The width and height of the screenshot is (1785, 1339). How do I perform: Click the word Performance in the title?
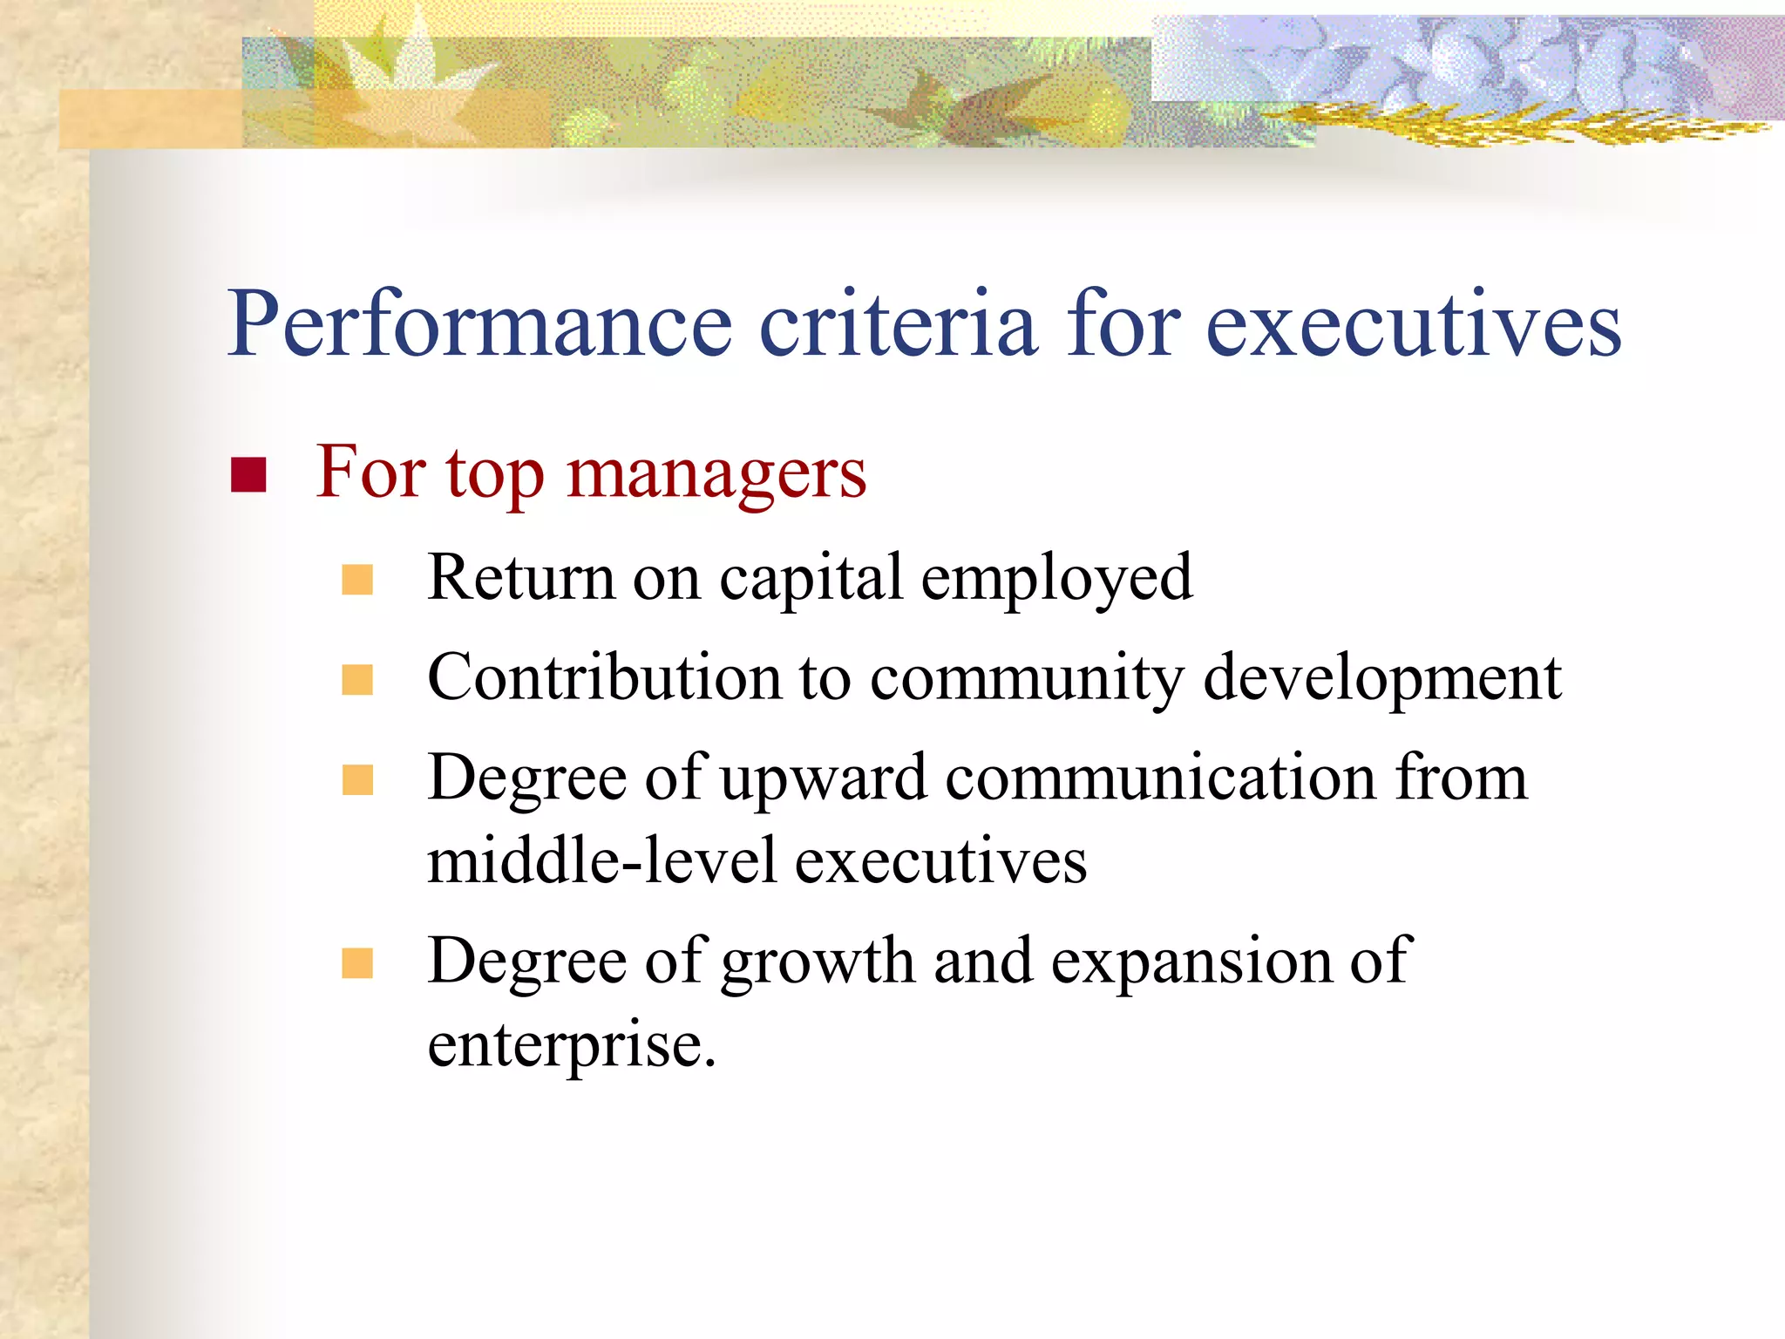[x=479, y=325]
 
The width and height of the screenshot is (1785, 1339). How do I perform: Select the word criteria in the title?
[x=899, y=325]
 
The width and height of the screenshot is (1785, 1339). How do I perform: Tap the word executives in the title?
[x=1413, y=325]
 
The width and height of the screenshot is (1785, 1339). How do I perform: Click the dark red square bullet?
[x=248, y=475]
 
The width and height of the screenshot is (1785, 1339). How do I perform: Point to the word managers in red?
[x=716, y=475]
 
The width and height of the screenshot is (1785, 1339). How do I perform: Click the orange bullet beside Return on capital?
[x=357, y=580]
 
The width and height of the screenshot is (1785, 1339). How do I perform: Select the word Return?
[x=520, y=578]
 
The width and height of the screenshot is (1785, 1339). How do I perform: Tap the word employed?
[x=1056, y=580]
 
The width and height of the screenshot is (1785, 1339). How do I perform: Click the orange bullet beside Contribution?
[x=357, y=680]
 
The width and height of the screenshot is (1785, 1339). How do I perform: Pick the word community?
[x=1026, y=680]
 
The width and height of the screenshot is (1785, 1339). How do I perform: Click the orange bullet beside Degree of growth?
[x=357, y=963]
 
